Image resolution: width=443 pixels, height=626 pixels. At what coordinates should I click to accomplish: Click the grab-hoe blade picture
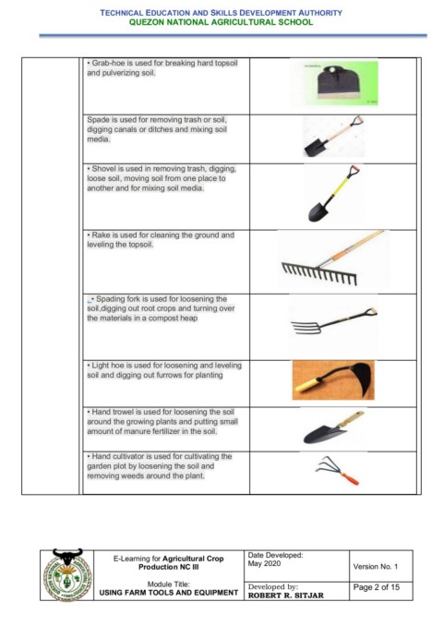pos(339,82)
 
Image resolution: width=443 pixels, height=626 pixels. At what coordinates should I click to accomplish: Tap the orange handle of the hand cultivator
pos(350,478)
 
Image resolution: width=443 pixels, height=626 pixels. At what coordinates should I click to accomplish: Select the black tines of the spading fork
pos(306,328)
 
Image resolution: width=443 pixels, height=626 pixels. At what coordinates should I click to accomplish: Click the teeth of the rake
pos(319,273)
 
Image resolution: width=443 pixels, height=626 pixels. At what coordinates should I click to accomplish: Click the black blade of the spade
pos(316,148)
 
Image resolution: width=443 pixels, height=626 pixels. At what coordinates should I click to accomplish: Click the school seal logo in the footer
pos(67,575)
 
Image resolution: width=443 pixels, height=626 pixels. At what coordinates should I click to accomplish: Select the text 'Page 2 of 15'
pos(377,587)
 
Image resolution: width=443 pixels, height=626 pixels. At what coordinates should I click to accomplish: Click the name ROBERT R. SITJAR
pos(286,596)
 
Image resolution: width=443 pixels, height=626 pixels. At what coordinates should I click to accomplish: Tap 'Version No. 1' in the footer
pos(375,566)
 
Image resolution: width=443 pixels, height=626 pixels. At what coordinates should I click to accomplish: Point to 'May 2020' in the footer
pos(264,563)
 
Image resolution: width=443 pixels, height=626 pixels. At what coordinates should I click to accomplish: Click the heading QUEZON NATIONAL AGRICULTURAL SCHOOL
pos(221,22)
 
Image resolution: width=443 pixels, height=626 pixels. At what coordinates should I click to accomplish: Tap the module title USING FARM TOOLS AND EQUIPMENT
pos(168,593)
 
